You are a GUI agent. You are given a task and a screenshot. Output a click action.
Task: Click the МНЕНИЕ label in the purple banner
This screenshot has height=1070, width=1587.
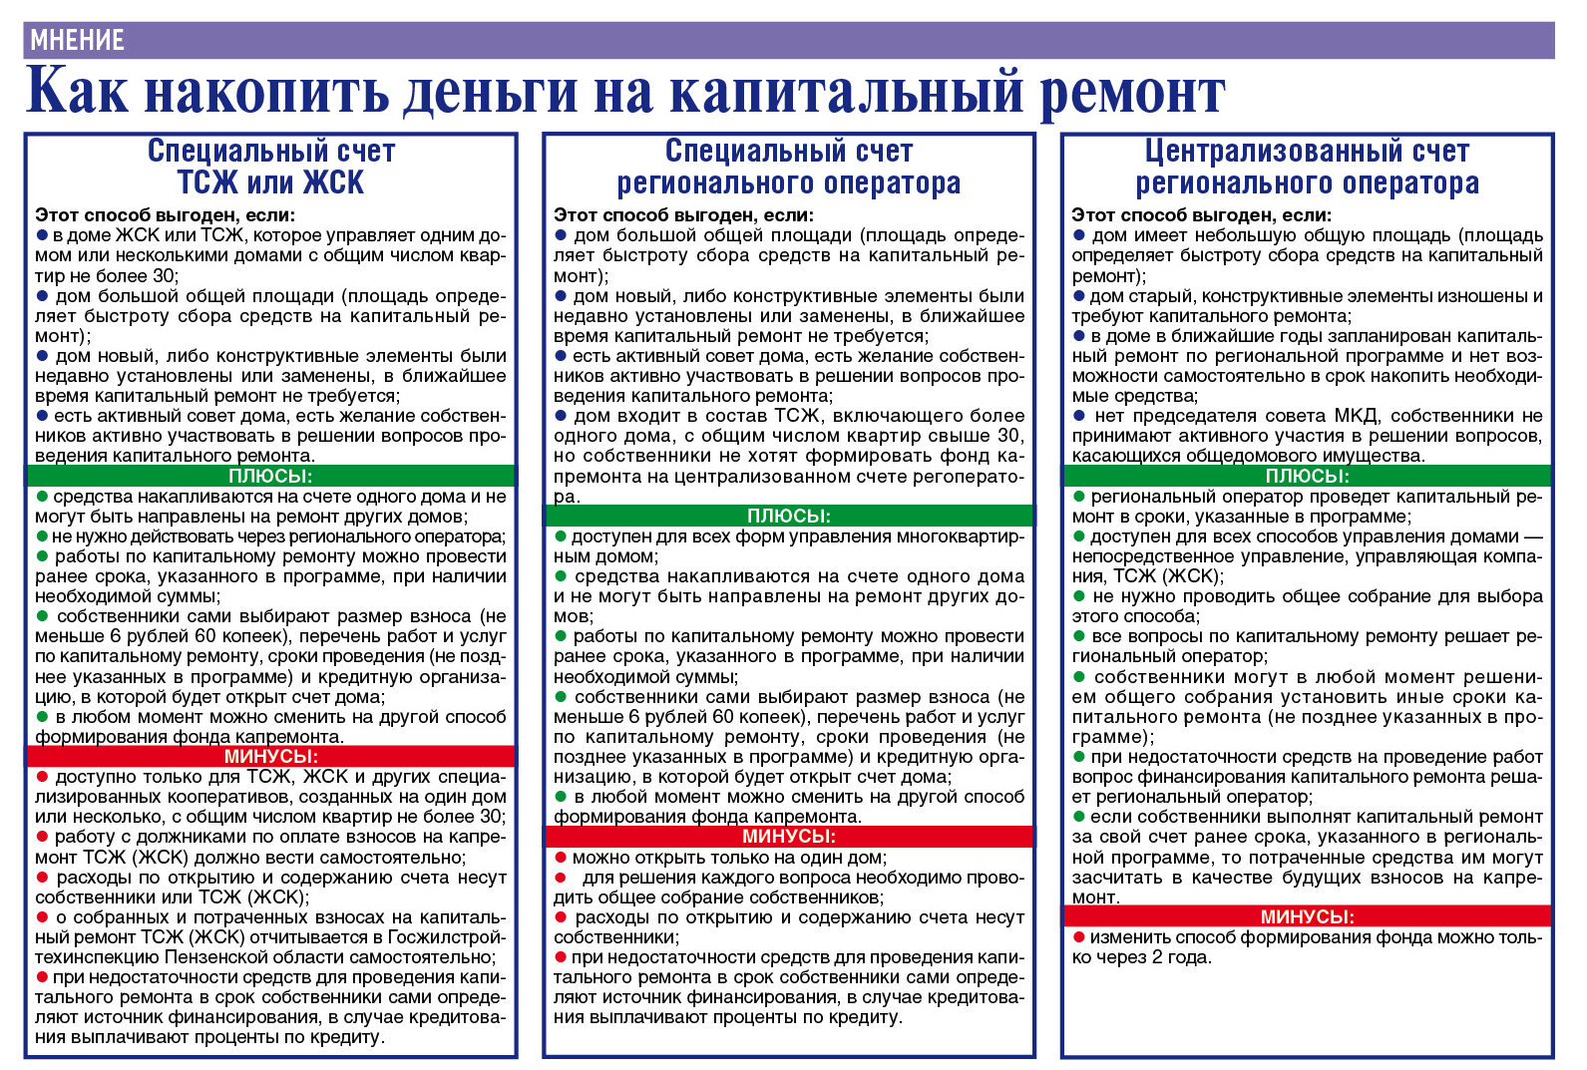(77, 40)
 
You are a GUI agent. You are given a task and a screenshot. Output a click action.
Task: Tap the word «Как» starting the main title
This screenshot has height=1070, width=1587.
(78, 92)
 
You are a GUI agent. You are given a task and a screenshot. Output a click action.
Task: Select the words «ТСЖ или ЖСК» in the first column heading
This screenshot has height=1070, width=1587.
(270, 182)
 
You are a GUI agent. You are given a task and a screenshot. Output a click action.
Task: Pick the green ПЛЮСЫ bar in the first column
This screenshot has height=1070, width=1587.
(270, 476)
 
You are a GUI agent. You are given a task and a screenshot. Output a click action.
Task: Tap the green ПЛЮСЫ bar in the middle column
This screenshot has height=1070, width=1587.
(788, 516)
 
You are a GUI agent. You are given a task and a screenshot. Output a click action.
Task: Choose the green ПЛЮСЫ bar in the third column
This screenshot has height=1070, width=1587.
(1307, 476)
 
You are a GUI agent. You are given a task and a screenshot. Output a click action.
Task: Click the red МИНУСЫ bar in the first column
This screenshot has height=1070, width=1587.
(270, 756)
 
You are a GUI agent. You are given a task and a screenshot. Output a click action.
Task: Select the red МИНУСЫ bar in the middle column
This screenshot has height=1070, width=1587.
(788, 836)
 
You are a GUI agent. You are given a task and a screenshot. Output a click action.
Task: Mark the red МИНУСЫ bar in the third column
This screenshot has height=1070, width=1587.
(1307, 916)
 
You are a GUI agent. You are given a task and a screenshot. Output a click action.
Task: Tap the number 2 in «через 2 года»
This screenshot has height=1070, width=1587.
(1158, 957)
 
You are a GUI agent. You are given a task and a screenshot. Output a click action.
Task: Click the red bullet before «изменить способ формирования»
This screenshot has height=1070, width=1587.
(1078, 937)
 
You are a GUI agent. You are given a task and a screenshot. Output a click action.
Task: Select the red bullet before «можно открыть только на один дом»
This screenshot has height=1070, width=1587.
(561, 858)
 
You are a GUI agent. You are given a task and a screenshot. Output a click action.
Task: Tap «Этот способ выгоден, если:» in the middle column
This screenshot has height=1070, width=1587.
(683, 214)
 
